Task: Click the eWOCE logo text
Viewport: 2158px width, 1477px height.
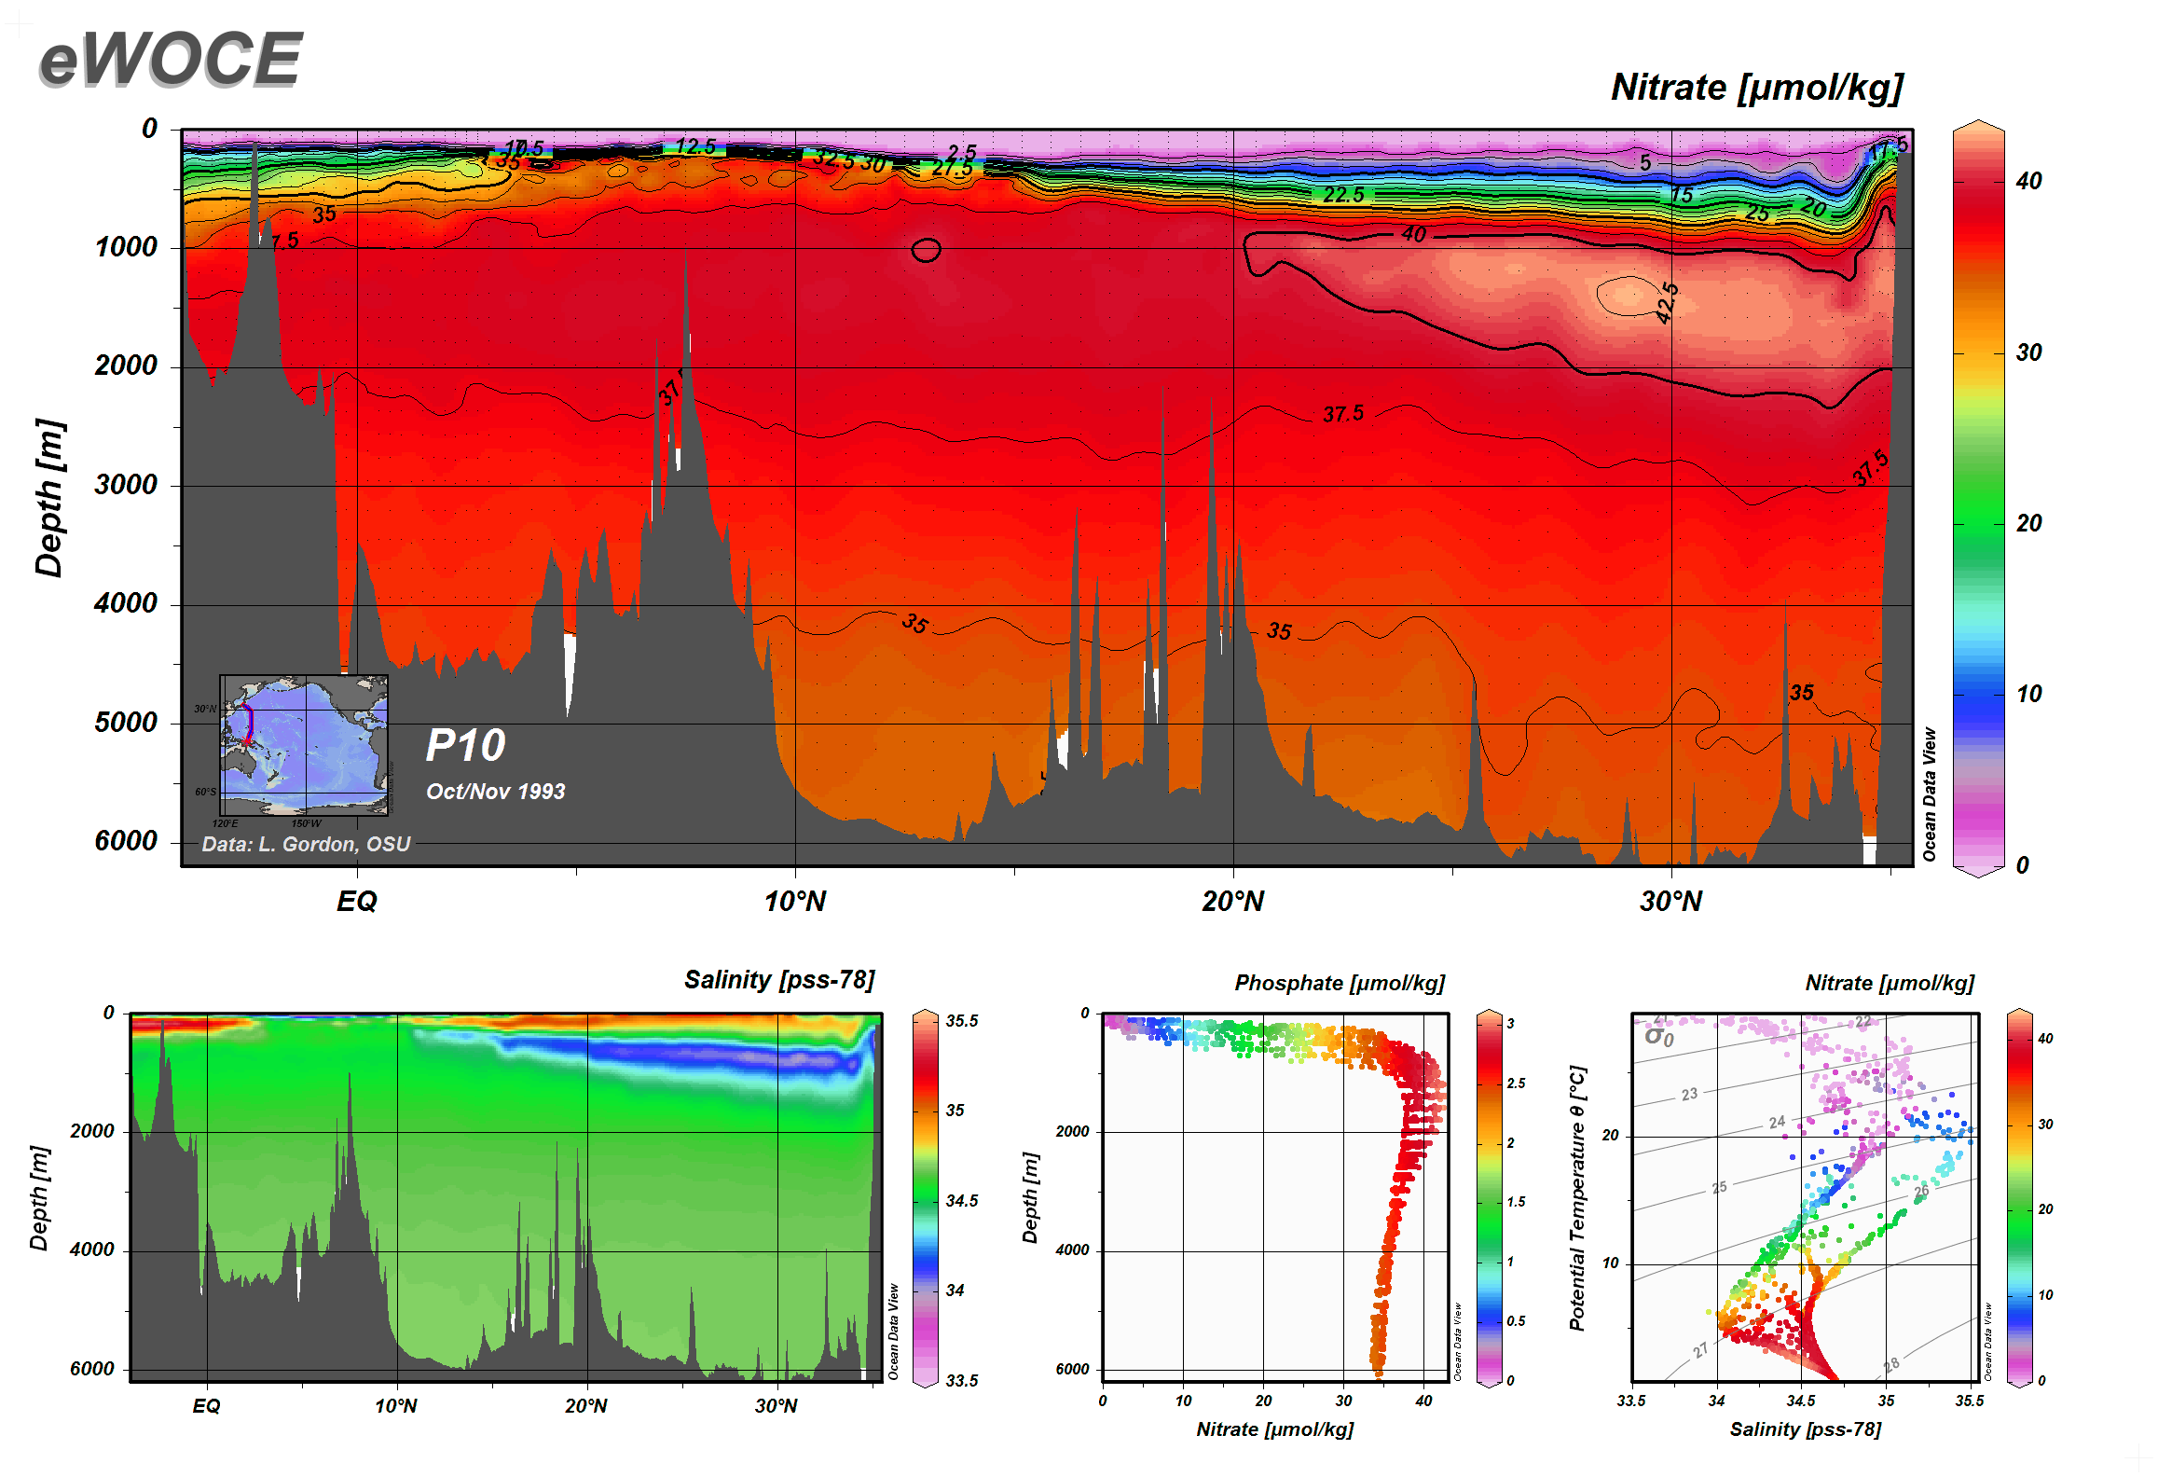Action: click(171, 59)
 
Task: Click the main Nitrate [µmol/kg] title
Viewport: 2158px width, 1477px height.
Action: click(1756, 88)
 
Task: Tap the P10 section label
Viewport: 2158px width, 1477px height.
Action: click(465, 746)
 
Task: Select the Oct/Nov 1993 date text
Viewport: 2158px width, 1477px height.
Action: click(495, 792)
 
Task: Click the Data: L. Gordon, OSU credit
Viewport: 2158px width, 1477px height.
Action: click(306, 844)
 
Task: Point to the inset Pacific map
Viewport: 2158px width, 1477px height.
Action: click(304, 745)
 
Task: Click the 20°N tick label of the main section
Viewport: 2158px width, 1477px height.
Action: click(1232, 902)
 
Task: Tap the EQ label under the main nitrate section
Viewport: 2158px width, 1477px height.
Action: click(357, 902)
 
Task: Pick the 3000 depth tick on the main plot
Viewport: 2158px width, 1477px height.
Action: click(126, 485)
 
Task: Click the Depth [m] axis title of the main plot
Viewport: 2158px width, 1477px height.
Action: click(48, 498)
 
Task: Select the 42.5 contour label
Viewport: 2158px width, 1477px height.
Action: click(1667, 302)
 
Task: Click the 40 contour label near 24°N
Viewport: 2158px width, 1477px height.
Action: click(1414, 234)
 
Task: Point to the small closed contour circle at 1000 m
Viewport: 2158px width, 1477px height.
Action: click(926, 250)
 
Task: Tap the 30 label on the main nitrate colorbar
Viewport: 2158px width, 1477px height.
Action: click(2028, 353)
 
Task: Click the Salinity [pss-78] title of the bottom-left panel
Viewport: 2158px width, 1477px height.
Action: click(779, 980)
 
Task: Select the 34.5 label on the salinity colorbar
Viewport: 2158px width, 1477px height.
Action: click(961, 1201)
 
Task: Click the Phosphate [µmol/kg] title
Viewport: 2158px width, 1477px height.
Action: click(1340, 983)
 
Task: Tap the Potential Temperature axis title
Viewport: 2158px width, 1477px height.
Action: click(1576, 1198)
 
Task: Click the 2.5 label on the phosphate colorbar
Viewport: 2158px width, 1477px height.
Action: click(1516, 1084)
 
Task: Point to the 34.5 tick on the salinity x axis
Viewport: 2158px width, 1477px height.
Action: click(1800, 1401)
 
